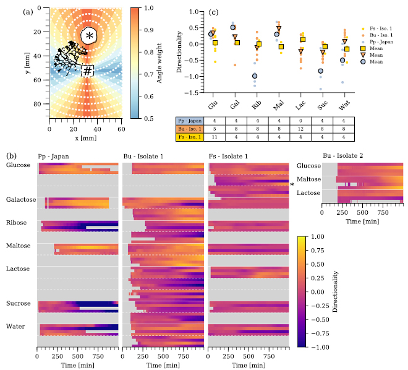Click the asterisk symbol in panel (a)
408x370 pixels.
[90, 36]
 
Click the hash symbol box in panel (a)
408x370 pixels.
[88, 71]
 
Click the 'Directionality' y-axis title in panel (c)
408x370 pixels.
[179, 52]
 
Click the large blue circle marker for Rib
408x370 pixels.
[253, 76]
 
